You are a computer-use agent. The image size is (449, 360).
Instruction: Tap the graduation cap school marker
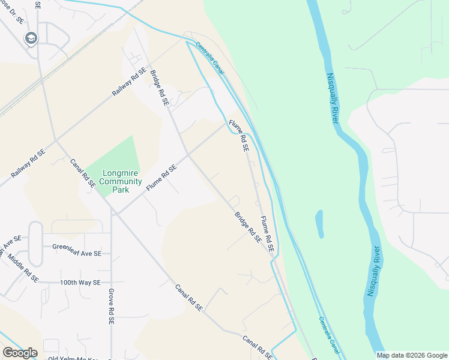tap(31, 40)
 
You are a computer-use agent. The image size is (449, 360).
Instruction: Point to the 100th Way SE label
tap(80, 282)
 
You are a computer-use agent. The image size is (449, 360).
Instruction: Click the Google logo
tap(20, 353)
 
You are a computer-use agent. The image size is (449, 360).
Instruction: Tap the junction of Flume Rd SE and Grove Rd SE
tap(112, 215)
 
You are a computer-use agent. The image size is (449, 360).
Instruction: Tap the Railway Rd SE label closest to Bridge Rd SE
tap(129, 83)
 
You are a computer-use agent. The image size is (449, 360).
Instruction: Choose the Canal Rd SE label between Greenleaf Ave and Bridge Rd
tap(82, 173)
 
